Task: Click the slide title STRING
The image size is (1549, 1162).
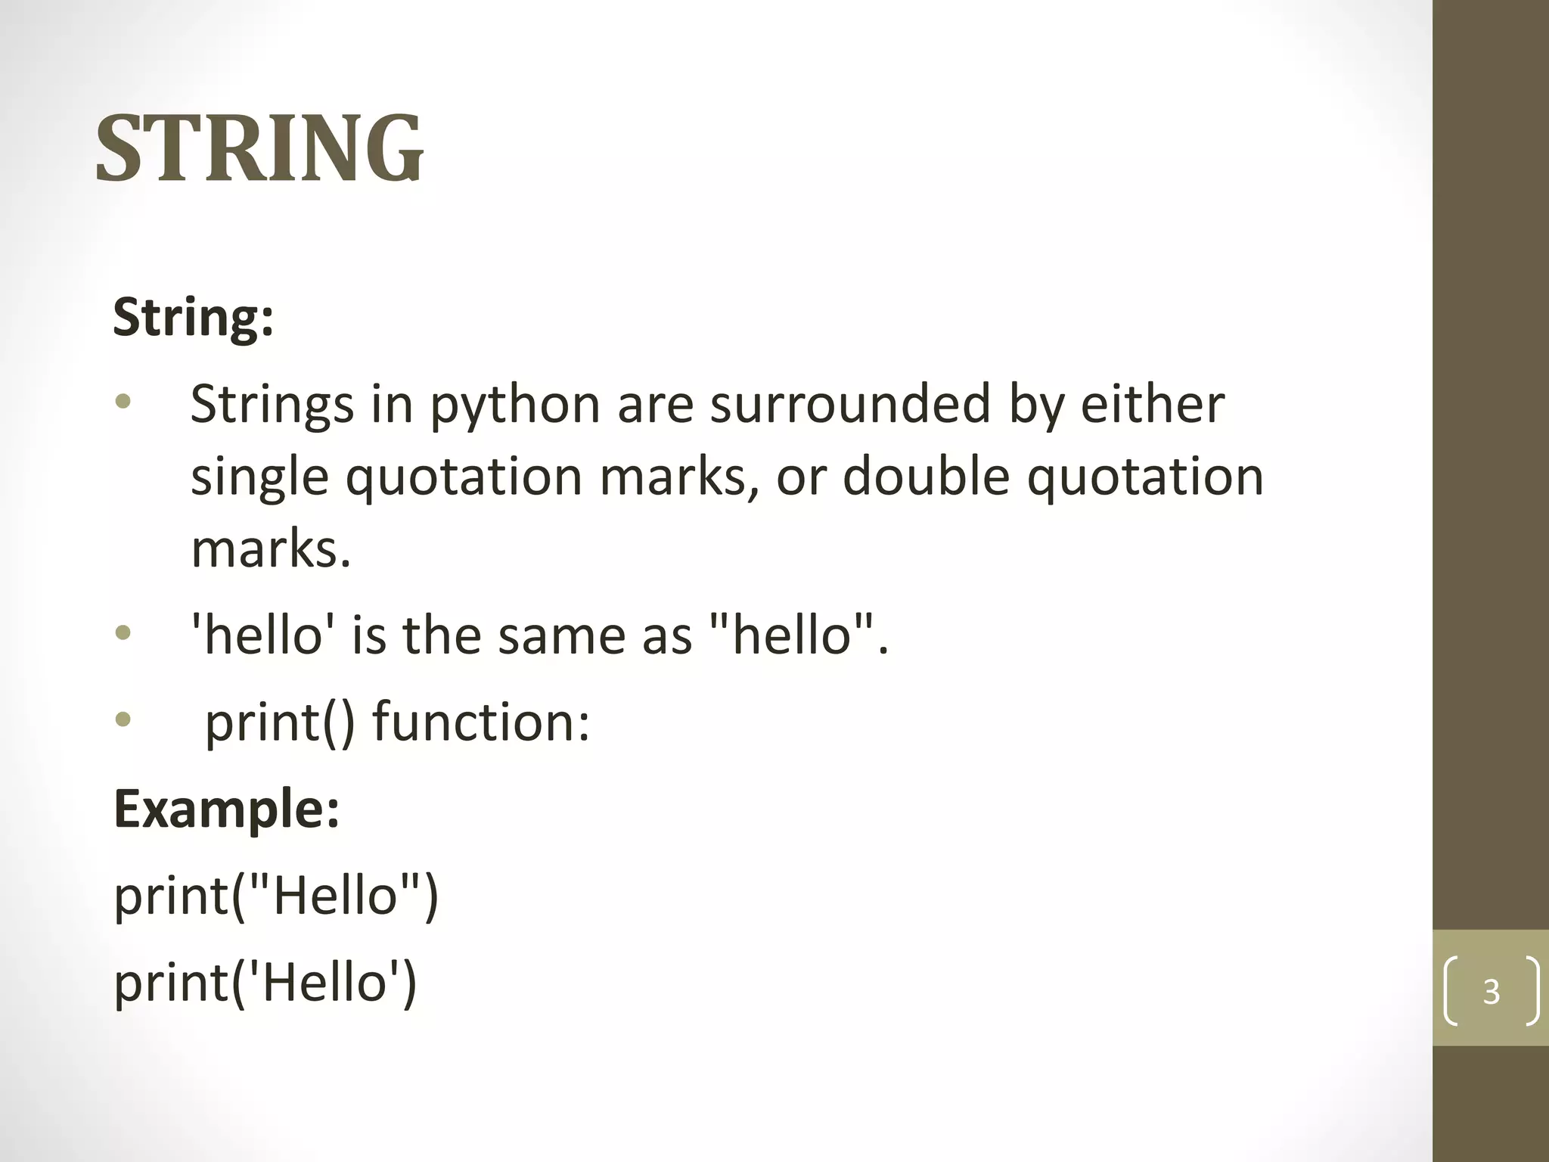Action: tap(259, 148)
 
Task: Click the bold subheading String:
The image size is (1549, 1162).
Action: tap(193, 318)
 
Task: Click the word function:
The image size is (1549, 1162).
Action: tap(481, 722)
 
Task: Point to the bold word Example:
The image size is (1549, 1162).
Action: tap(226, 809)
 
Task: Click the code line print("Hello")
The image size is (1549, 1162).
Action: tap(276, 896)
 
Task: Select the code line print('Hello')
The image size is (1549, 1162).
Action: tap(265, 983)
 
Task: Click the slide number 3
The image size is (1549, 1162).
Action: tap(1491, 991)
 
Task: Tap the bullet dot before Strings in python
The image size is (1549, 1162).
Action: tap(123, 402)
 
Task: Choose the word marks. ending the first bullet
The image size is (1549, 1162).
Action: tap(271, 549)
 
